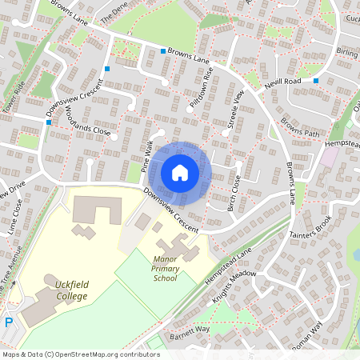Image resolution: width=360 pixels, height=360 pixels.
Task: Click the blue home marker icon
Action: point(180,172)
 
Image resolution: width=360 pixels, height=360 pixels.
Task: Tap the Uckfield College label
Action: point(66,290)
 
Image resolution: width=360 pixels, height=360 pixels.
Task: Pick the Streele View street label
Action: point(235,111)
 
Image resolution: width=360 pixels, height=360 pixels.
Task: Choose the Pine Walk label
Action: point(146,158)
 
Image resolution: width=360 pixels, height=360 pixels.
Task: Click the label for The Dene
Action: point(114,17)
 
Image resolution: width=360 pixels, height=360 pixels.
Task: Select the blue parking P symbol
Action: point(9,322)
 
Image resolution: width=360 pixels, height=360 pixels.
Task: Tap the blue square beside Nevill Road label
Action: point(316,81)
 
